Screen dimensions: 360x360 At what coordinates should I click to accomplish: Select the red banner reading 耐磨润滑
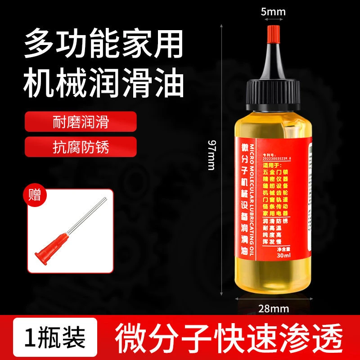80,121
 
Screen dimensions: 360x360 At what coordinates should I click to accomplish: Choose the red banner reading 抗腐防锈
80,147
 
